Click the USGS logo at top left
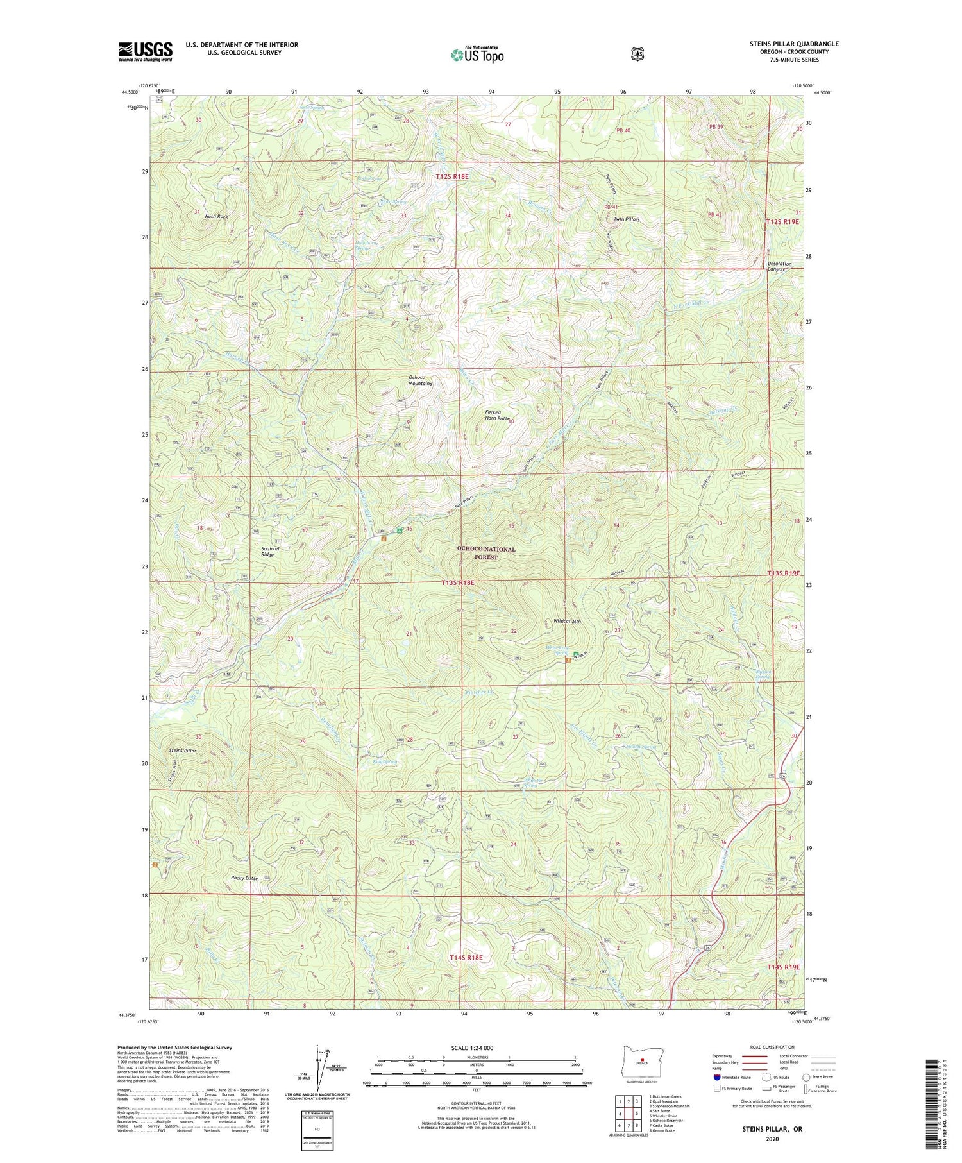(145, 51)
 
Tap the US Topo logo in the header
(477, 54)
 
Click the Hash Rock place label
(216, 217)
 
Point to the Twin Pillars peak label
(627, 219)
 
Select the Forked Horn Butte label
(498, 415)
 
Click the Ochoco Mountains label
(420, 380)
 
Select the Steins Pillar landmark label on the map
(182, 750)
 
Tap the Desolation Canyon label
(779, 266)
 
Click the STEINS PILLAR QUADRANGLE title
(785, 44)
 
